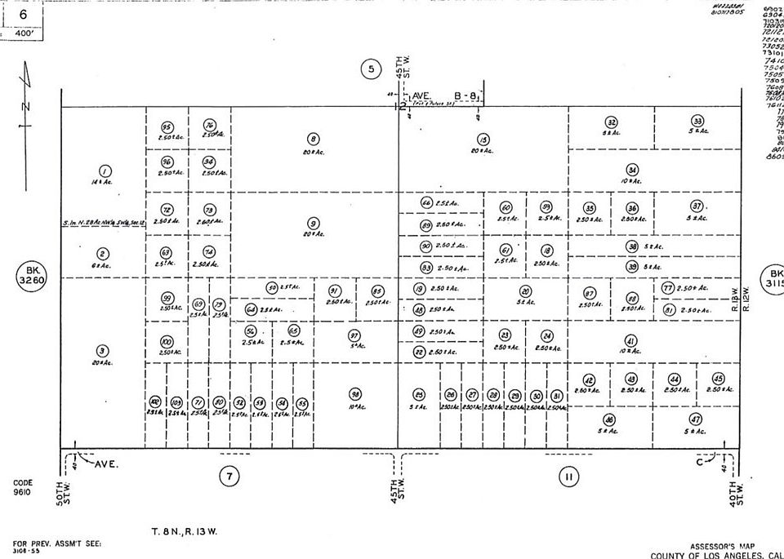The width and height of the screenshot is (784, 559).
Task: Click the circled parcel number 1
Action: coord(105,171)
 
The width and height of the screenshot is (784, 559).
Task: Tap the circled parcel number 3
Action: coord(102,254)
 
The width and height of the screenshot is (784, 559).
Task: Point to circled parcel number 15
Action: coord(483,140)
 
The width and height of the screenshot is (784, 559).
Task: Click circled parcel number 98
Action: coord(355,393)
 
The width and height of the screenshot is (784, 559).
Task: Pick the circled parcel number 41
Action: coord(630,340)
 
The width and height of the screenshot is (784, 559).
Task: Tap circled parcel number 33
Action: coord(697,121)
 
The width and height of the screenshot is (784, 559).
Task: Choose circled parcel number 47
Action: coord(697,419)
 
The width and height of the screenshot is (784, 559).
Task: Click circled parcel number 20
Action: coord(525,291)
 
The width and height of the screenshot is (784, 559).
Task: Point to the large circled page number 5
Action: coord(371,69)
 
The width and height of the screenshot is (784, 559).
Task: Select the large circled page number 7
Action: coord(230,477)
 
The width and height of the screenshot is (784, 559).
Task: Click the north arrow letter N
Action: coord(25,107)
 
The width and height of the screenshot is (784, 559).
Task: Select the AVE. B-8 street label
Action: coord(445,96)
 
